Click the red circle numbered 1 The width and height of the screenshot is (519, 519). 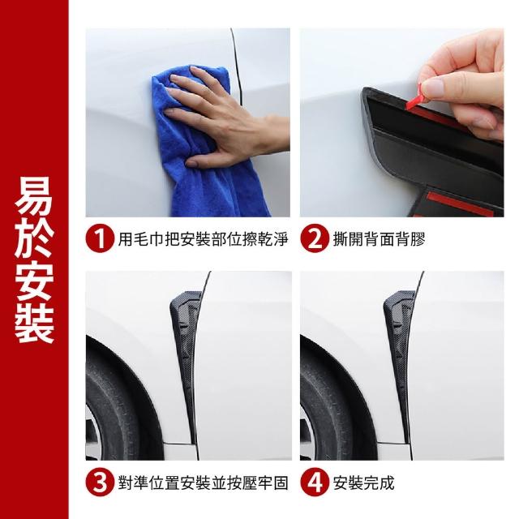click(x=100, y=238)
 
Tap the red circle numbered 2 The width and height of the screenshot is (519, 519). click(x=315, y=238)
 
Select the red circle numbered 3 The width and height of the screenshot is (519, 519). click(x=100, y=483)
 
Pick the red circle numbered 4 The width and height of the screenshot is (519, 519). click(x=315, y=483)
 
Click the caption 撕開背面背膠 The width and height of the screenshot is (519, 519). click(x=379, y=239)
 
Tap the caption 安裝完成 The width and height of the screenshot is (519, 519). click(x=363, y=483)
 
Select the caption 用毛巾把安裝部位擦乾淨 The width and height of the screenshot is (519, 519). click(x=204, y=239)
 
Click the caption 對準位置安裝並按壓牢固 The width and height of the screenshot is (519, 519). click(x=204, y=483)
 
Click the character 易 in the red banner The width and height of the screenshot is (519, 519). click(x=34, y=195)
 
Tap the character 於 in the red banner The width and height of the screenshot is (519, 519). click(x=34, y=238)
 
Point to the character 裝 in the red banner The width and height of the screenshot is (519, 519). click(x=34, y=323)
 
